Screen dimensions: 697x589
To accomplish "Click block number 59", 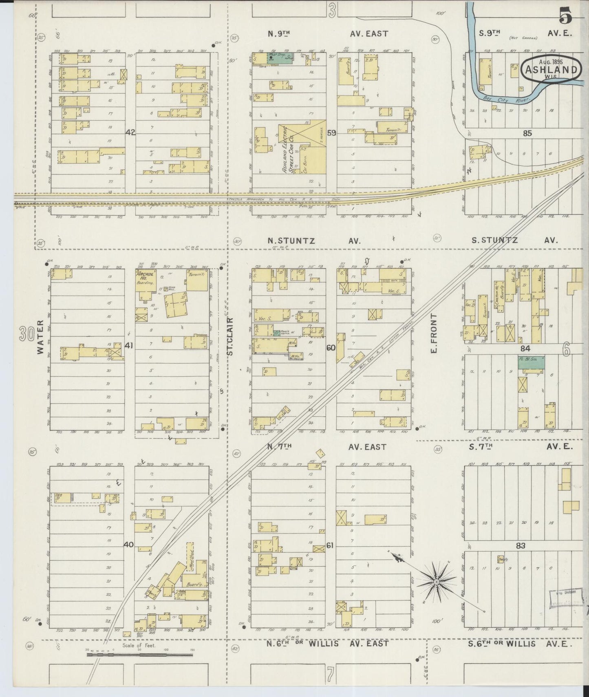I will (331, 132).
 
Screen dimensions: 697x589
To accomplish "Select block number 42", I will (130, 132).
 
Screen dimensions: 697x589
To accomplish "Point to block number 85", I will (527, 133).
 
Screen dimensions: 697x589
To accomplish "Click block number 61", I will (330, 545).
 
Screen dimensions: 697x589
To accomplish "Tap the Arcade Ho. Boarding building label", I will (145, 278).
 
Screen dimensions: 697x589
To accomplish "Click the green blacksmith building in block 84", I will (531, 362).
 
